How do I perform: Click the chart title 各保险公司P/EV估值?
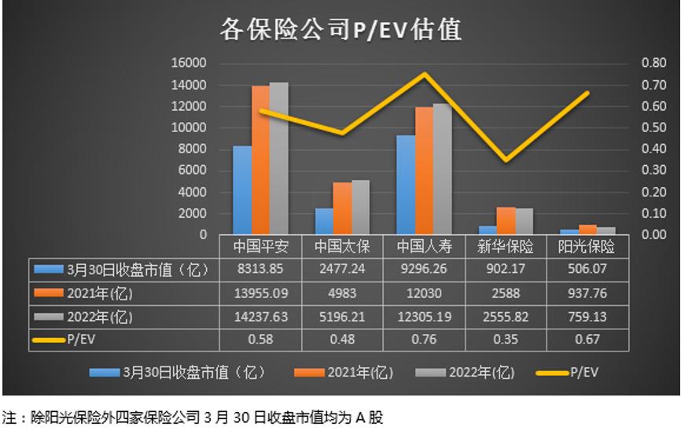click(x=340, y=29)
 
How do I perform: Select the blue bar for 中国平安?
click(x=242, y=190)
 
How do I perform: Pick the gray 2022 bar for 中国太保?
click(x=360, y=208)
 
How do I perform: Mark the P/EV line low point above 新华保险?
click(x=506, y=160)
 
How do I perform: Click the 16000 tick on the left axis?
click(x=191, y=63)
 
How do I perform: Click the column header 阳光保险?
click(x=587, y=247)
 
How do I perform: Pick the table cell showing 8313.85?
click(x=260, y=270)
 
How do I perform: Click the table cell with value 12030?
click(x=424, y=293)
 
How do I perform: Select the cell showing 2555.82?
click(x=506, y=317)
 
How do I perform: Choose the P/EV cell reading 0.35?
click(x=506, y=340)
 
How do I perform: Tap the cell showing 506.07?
click(x=587, y=270)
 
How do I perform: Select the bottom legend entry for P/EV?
click(x=570, y=372)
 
